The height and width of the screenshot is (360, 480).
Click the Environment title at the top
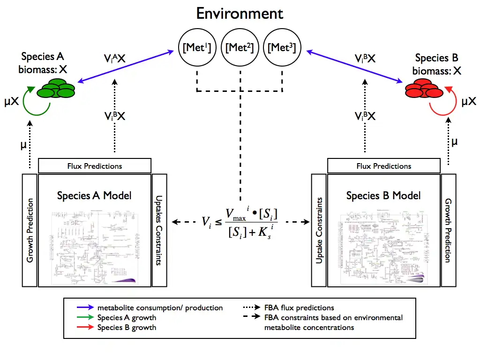click(240, 13)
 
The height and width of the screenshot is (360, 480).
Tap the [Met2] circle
click(240, 47)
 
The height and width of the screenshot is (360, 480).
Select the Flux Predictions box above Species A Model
click(95, 166)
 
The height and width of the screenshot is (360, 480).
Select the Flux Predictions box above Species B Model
click(384, 166)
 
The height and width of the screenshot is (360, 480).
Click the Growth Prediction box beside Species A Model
click(30, 230)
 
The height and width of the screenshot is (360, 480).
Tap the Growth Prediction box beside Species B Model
click(448, 230)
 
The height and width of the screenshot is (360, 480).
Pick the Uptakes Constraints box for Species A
click(159, 230)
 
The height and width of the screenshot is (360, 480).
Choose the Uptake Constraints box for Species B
click(319, 230)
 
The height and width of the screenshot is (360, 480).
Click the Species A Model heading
click(94, 195)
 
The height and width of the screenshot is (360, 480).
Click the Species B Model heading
click(383, 195)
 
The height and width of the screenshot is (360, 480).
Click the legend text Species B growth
click(127, 327)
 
